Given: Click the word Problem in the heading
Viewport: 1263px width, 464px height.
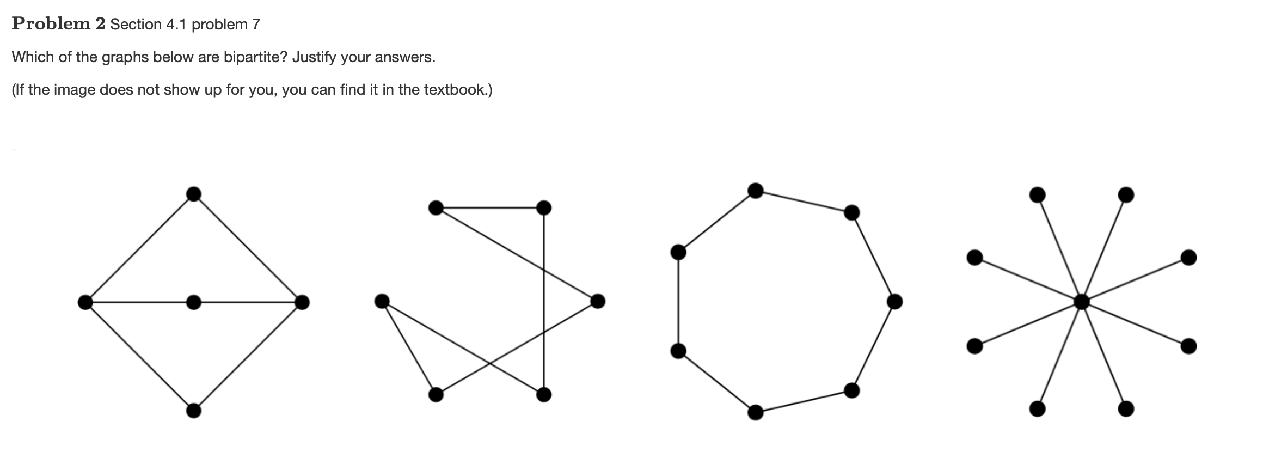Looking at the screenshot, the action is point(51,23).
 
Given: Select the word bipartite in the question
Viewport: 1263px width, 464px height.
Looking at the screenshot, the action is point(255,57).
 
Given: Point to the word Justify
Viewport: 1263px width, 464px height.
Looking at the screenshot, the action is point(314,57).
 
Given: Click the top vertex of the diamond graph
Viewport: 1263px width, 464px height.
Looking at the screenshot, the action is point(193,194).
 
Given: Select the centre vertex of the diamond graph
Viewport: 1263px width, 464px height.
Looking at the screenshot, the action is point(193,302).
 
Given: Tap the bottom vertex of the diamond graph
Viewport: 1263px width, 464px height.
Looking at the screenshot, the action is point(193,410).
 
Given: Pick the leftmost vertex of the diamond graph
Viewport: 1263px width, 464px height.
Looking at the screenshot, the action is point(85,302).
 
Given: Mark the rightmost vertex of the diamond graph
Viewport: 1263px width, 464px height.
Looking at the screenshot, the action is point(302,302).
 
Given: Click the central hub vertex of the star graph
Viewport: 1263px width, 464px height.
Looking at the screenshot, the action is point(1081,301).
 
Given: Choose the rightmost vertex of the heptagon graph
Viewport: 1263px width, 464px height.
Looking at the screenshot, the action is point(894,301).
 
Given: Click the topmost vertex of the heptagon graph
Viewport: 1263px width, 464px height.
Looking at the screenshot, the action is point(756,190).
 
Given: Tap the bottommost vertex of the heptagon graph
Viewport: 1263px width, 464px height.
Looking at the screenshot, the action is point(756,412).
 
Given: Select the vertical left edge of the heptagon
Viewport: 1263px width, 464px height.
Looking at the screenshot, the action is point(678,301).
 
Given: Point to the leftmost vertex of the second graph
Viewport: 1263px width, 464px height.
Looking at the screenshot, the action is point(382,301).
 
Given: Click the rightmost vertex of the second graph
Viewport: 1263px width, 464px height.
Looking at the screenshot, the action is point(598,301).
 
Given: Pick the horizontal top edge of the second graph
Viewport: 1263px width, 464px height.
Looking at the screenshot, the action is point(490,207).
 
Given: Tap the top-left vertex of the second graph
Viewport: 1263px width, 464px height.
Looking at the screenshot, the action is point(436,207).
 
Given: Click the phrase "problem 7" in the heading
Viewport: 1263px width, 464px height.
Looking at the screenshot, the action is point(226,24).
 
